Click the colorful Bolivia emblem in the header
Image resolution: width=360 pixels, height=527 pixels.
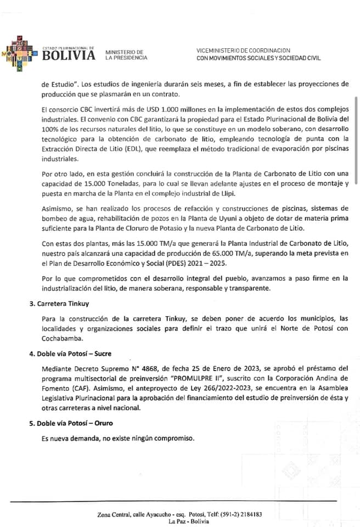(21, 54)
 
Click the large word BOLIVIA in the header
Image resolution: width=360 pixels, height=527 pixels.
(68, 55)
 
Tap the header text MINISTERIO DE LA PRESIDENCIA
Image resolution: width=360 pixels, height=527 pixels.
(126, 55)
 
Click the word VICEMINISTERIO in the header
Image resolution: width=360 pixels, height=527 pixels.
(219, 51)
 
